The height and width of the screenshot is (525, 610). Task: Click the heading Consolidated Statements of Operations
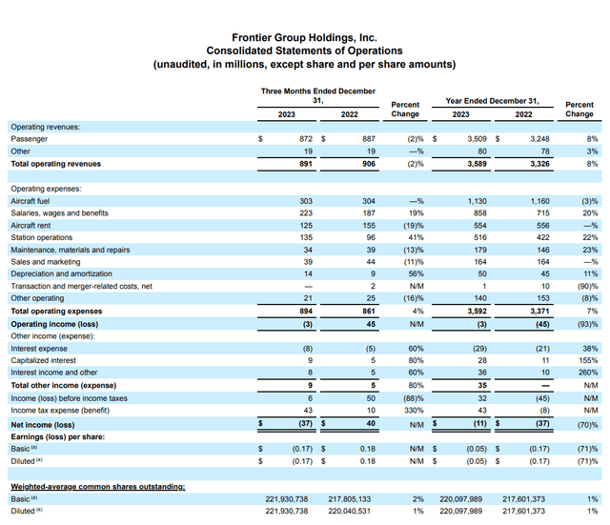pyautogui.click(x=304, y=50)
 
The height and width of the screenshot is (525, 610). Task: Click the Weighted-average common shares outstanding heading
pyautogui.click(x=97, y=486)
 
